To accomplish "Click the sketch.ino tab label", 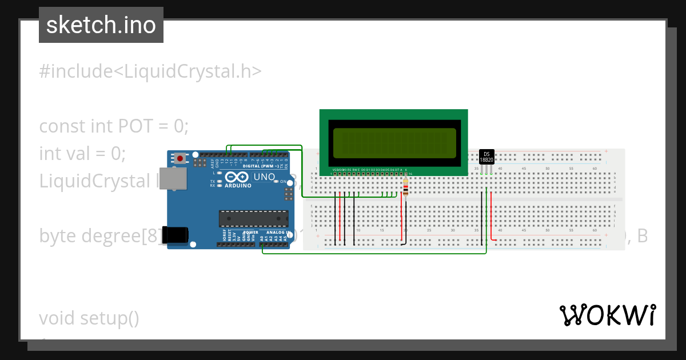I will (101, 25).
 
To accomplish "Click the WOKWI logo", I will (607, 315).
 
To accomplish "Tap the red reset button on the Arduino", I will (181, 158).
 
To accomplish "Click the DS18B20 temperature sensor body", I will (486, 157).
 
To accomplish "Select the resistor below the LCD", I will (406, 187).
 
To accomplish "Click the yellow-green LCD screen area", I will (394, 143).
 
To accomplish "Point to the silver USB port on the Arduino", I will (173, 178).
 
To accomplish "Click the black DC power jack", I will (175, 235).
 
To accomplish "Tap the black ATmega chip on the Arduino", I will (254, 219).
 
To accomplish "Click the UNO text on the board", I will (264, 177).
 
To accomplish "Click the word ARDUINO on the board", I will (238, 186).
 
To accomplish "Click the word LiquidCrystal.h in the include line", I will (189, 71).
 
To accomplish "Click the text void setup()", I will (89, 318).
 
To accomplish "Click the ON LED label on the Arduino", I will (283, 181).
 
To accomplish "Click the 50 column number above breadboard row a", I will (547, 169).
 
